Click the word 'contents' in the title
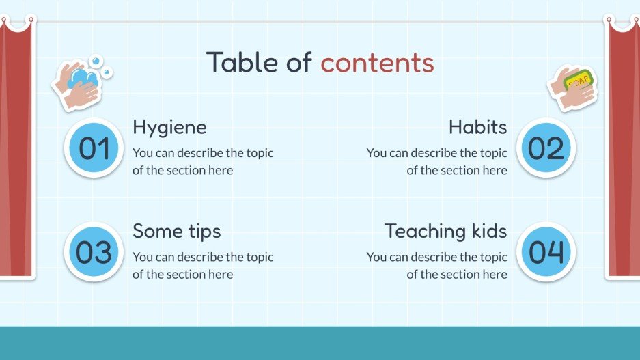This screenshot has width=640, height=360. (x=377, y=63)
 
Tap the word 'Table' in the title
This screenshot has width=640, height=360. (x=240, y=63)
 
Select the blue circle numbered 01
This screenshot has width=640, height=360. (x=94, y=148)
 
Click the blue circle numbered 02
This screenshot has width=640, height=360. (x=546, y=148)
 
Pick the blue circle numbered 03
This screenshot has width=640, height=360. (x=94, y=252)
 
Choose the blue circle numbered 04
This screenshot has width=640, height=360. (x=546, y=252)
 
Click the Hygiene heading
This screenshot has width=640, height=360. (x=169, y=127)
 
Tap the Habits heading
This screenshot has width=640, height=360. (x=477, y=127)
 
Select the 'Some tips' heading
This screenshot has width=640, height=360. (x=176, y=231)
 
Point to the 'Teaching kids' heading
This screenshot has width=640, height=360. (x=445, y=231)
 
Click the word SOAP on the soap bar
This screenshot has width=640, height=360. (x=579, y=81)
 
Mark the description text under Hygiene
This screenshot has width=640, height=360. (x=202, y=161)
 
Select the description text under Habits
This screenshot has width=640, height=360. (x=437, y=161)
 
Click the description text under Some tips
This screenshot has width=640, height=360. (x=202, y=265)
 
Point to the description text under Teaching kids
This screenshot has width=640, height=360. (x=437, y=265)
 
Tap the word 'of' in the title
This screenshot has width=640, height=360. (x=298, y=63)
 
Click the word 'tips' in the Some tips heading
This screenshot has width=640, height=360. (x=203, y=231)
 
